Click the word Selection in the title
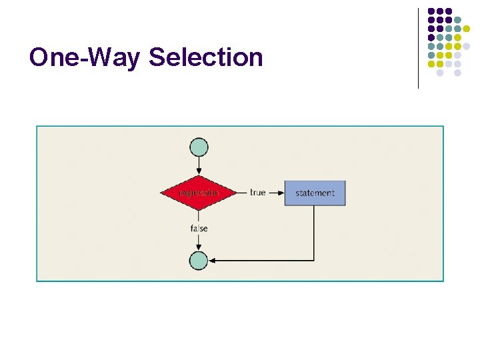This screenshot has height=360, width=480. [x=206, y=57]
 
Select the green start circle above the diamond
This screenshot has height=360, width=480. [x=199, y=147]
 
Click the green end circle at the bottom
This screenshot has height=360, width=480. [x=199, y=261]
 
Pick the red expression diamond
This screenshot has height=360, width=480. [x=199, y=193]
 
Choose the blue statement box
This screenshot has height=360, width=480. [x=315, y=193]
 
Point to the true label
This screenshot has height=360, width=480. [x=257, y=193]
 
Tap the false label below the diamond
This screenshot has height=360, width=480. [x=199, y=229]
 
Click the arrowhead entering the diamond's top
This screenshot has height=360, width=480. [x=199, y=172]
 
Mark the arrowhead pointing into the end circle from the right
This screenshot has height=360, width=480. [x=213, y=261]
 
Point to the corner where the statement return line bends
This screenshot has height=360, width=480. [x=314, y=261]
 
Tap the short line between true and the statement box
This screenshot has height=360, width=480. [x=276, y=193]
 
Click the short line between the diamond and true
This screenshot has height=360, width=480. [x=243, y=193]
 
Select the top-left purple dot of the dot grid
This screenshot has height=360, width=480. [x=431, y=11]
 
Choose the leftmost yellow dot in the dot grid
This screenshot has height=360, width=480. [x=431, y=64]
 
